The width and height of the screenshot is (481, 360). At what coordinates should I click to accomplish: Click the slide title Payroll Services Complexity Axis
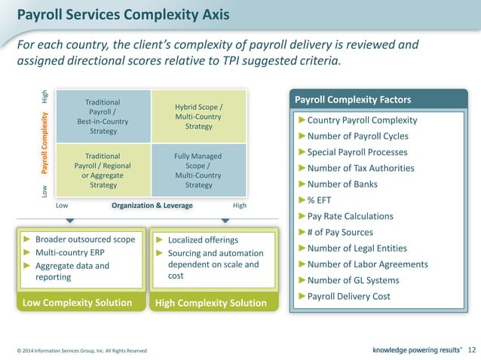click(x=124, y=14)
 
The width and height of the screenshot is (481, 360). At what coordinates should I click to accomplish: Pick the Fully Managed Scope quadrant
click(x=198, y=170)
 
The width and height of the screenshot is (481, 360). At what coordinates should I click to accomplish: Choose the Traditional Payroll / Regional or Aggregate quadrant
click(x=103, y=170)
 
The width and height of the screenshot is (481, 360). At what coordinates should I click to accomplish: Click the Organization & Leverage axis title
click(x=152, y=205)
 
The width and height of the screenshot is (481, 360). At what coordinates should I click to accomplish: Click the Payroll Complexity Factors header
click(x=352, y=100)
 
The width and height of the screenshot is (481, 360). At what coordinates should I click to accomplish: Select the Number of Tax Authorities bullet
click(x=360, y=168)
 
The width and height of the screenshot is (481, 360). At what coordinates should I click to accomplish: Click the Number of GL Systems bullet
click(x=353, y=280)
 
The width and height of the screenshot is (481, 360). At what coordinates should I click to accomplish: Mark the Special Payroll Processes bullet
click(x=358, y=152)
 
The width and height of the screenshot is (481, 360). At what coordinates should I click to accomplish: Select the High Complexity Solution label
click(x=210, y=303)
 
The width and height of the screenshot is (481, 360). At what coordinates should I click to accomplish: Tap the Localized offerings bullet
click(x=197, y=239)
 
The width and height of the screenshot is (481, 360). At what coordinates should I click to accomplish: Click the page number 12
click(x=472, y=349)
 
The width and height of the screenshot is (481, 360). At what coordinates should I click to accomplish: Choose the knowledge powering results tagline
click(x=418, y=349)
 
